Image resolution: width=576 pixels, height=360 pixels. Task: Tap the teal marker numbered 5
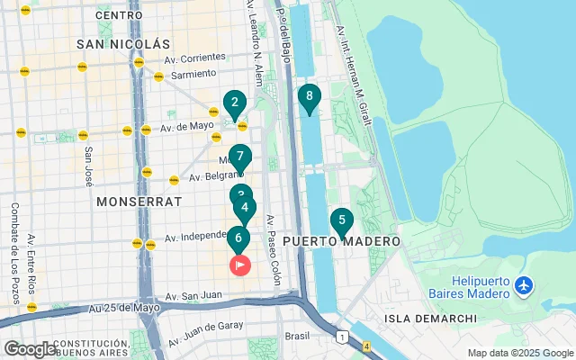tap(341, 220)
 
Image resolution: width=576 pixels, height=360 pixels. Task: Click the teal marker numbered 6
tap(238, 239)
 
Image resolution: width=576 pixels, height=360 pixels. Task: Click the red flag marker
tap(240, 265)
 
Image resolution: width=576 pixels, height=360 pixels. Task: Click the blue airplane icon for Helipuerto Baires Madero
tap(525, 287)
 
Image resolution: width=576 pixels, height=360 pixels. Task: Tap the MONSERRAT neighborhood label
tap(139, 201)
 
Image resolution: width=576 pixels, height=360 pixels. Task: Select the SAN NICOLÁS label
tap(123, 43)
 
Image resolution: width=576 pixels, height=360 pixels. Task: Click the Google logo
tap(29, 349)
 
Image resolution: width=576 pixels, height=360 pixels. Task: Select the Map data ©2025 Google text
tap(518, 353)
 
